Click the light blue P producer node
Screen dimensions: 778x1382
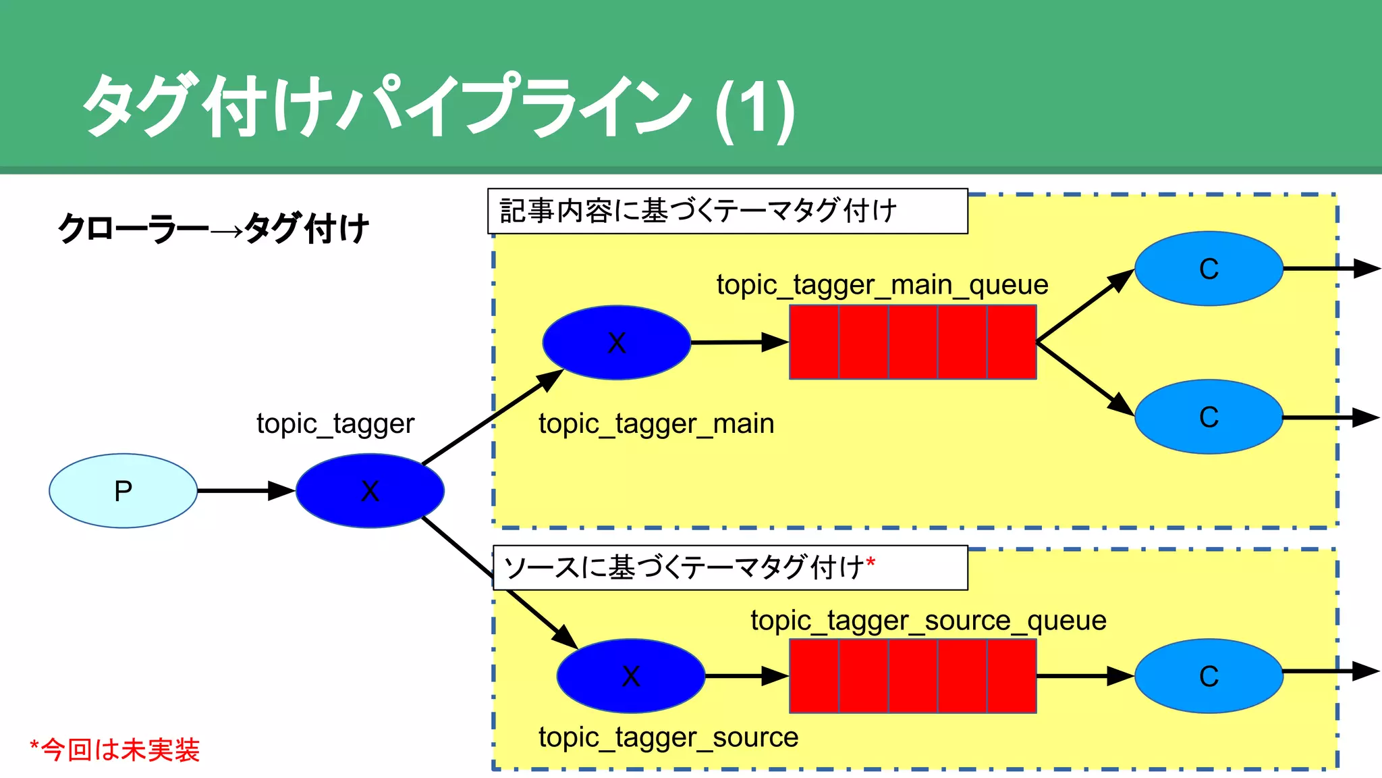click(123, 491)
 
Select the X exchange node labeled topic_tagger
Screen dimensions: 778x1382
click(370, 491)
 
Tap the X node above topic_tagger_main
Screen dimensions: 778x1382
click(616, 342)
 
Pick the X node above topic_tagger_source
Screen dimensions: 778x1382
click(630, 676)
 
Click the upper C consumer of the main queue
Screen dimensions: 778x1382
click(1209, 269)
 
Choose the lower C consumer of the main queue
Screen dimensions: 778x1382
click(1209, 417)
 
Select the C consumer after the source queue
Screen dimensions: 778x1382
click(1209, 676)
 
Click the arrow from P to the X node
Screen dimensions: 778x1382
click(246, 491)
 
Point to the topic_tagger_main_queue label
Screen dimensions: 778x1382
click(882, 285)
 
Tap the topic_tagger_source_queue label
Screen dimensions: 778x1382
click(929, 621)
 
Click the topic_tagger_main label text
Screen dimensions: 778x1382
click(656, 424)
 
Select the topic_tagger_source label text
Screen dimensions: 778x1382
click(668, 737)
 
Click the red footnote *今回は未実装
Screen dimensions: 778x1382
click(115, 750)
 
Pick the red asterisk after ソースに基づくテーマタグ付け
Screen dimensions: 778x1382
click(870, 563)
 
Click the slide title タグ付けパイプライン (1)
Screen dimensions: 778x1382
click(439, 107)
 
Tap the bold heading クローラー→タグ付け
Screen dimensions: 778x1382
click(213, 228)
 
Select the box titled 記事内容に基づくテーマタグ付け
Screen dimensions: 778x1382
click(727, 211)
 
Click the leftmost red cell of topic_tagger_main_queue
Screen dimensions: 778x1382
click(814, 342)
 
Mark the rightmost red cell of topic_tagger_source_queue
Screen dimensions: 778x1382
click(1012, 676)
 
